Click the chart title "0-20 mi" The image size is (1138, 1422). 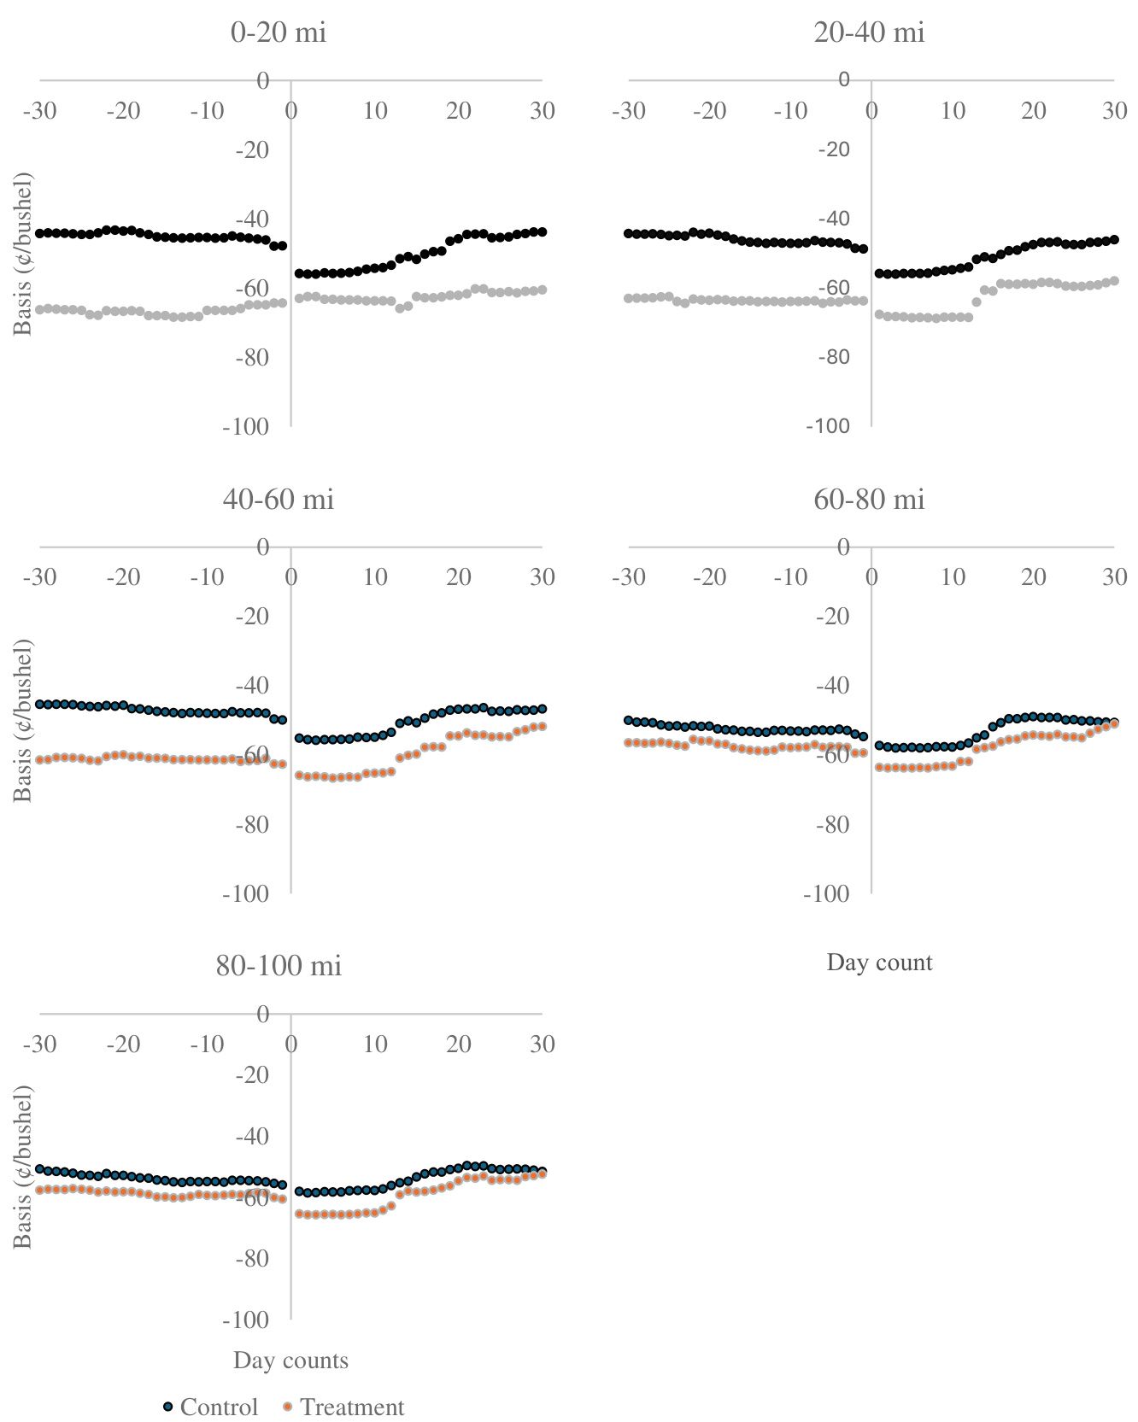(x=279, y=32)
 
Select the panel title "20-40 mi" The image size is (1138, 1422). (x=870, y=32)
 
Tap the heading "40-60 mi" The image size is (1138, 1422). (x=279, y=499)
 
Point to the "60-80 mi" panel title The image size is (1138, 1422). (x=870, y=499)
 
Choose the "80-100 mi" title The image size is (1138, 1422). (x=279, y=965)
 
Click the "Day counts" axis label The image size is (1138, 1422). (x=290, y=1360)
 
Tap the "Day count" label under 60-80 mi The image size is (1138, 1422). (x=879, y=963)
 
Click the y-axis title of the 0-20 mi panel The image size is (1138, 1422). (x=23, y=254)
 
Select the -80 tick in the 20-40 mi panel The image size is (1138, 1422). (x=833, y=357)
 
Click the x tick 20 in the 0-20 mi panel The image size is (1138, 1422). (x=459, y=111)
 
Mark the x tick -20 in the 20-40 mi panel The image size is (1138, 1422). (x=708, y=111)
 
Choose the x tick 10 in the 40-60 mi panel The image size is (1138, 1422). (x=375, y=577)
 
